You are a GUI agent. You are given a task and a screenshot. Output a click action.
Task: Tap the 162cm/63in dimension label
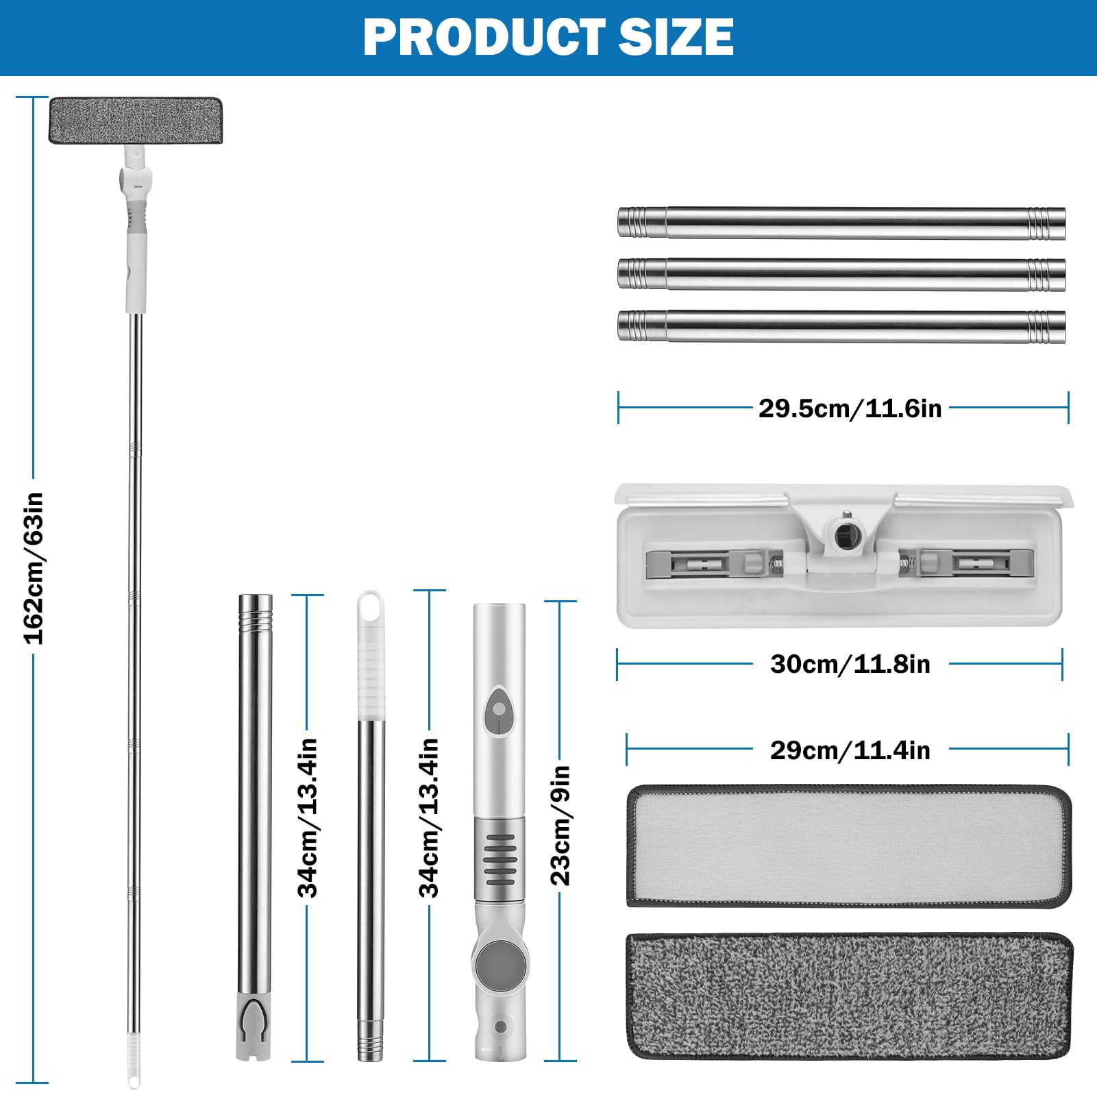coord(34,568)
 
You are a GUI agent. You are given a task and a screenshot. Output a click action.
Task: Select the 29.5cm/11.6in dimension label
coord(850,408)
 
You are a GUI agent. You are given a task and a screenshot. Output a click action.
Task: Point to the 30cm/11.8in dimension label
coord(850,664)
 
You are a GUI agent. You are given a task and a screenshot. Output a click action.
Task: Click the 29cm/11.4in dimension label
coord(850,750)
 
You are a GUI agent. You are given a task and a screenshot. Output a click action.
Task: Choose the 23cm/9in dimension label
coord(560,825)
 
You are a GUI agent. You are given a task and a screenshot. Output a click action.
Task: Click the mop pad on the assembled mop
coord(136,121)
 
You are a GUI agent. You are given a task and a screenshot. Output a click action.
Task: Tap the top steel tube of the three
coord(841,222)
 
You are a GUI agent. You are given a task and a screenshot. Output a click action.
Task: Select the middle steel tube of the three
coord(841,274)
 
